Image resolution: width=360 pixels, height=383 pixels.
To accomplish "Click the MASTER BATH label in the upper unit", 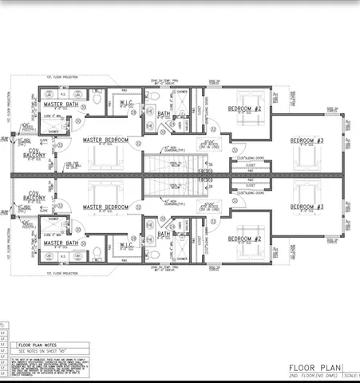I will [60, 105].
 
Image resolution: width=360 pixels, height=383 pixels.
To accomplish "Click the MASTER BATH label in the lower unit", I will [60, 243].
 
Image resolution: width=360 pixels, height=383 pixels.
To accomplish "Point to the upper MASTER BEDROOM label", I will [105, 140].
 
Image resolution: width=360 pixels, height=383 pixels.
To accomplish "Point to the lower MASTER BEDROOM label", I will [105, 207].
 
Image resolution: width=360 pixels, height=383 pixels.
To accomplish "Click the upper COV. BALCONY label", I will [34, 152].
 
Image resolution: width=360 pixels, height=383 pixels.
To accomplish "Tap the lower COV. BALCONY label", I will [34, 195].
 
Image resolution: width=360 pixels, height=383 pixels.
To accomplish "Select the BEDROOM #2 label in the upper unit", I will [245, 109].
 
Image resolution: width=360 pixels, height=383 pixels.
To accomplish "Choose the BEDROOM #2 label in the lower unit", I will [245, 239].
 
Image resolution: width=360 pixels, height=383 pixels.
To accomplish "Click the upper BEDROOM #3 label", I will [307, 140].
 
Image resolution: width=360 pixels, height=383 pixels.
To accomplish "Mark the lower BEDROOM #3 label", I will [307, 207].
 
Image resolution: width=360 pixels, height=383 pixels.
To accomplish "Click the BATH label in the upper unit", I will [164, 114].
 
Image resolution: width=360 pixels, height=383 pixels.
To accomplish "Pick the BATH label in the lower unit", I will [164, 233].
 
